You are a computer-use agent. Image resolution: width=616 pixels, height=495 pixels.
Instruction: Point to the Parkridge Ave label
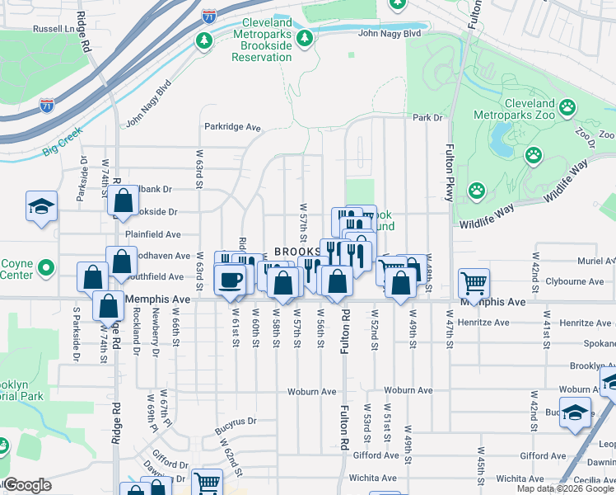coord(232,128)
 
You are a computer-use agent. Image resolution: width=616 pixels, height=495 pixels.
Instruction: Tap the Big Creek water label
coord(59,153)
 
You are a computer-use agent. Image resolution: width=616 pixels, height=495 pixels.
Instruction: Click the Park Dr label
coord(427,118)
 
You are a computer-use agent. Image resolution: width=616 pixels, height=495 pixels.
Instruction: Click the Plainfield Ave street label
coord(152,234)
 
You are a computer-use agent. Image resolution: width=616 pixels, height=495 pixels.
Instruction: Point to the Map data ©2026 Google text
coord(564,488)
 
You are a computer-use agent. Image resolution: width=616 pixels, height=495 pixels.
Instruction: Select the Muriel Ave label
coord(595,261)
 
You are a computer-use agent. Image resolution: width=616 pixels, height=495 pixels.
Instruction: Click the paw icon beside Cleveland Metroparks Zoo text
coord(567,107)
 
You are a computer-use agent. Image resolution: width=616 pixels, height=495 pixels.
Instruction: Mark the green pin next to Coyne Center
coord(47,269)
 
